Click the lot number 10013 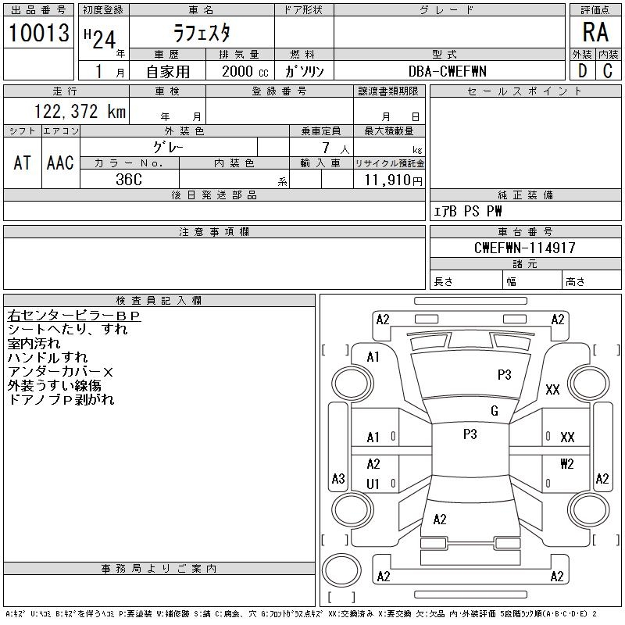pos(38,33)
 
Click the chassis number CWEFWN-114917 pos(524,248)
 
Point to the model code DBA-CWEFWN pos(448,71)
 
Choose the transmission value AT pos(22,162)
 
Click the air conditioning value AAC pos(60,162)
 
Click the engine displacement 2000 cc pos(243,71)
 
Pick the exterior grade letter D pos(582,71)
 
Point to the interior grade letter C pos(607,71)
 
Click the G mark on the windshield pos(494,411)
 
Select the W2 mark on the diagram pos(566,464)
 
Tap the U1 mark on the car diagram pos(373,484)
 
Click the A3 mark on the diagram pos(338,478)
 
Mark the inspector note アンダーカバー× pos(60,372)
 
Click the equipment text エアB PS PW pos(468,211)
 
